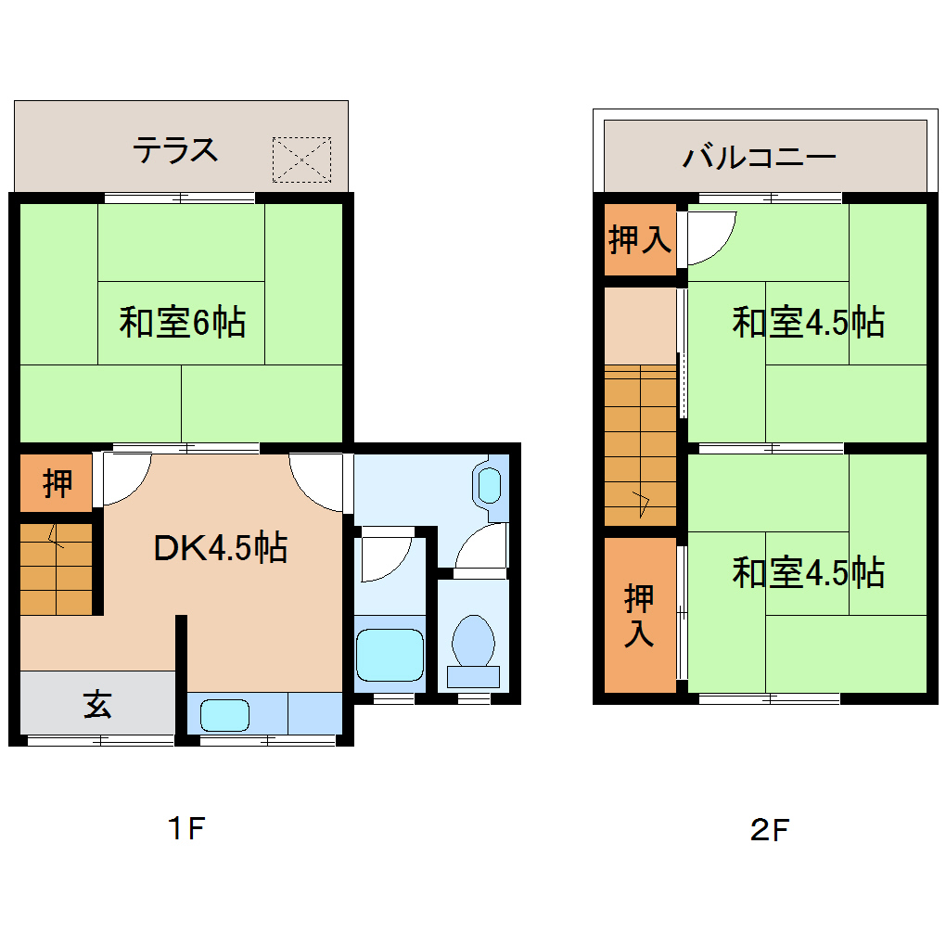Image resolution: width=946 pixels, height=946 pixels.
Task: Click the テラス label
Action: [x=175, y=149]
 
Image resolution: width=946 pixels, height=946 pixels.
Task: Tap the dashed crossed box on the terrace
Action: [x=301, y=160]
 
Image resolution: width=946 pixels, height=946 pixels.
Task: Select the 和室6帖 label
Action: [x=182, y=323]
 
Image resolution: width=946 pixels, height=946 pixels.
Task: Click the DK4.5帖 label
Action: [x=220, y=548]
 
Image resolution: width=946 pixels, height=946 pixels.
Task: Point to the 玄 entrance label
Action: [x=97, y=704]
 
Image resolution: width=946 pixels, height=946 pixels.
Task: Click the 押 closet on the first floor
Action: [x=58, y=483]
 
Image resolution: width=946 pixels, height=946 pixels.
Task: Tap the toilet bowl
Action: [x=473, y=642]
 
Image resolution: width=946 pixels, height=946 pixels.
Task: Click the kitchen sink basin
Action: [x=225, y=714]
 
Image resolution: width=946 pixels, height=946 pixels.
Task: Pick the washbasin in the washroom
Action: [x=489, y=485]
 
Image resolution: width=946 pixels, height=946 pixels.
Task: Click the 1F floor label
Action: [x=185, y=828]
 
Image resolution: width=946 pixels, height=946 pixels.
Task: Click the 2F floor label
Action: [x=769, y=830]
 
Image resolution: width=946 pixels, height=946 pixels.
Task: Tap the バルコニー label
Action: [x=760, y=156]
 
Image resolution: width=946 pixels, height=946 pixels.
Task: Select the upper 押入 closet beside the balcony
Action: [x=639, y=240]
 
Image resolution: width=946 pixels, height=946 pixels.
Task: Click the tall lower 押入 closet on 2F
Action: [x=639, y=615]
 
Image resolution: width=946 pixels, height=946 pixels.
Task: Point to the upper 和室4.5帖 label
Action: [x=808, y=323]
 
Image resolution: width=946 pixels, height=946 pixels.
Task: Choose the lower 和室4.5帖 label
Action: [x=808, y=572]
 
